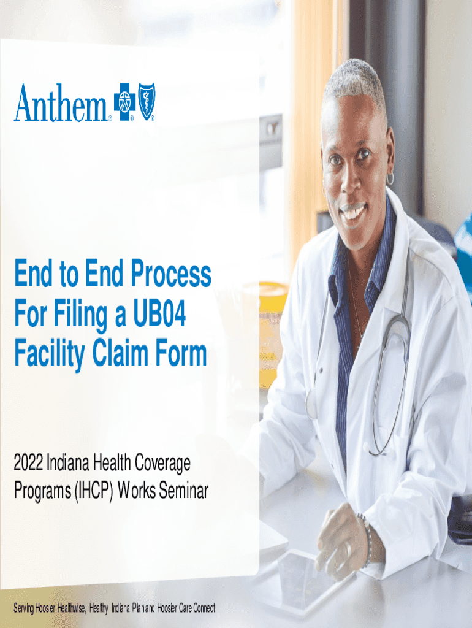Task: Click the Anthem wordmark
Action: tap(61, 103)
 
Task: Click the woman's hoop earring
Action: tap(389, 179)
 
